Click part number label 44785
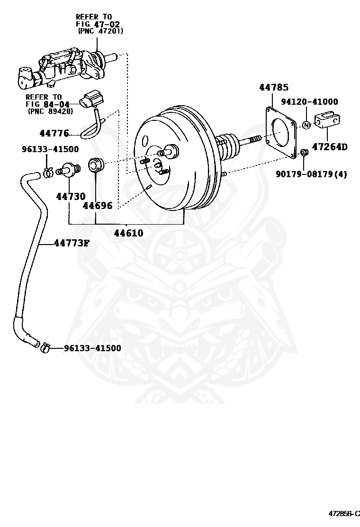tap(274, 87)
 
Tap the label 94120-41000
tap(309, 101)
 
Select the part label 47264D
tap(330, 146)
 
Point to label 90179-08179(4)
tap(311, 174)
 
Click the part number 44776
tap(54, 133)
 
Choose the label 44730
tap(71, 196)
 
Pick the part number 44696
tap(98, 205)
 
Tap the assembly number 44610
tap(129, 233)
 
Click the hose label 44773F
tap(72, 243)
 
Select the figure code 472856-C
tap(344, 514)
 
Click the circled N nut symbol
tap(306, 125)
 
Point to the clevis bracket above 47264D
tap(327, 120)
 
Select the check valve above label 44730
tap(69, 169)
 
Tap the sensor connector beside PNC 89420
tap(92, 99)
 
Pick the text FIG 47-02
tap(98, 24)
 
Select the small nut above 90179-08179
tap(304, 152)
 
